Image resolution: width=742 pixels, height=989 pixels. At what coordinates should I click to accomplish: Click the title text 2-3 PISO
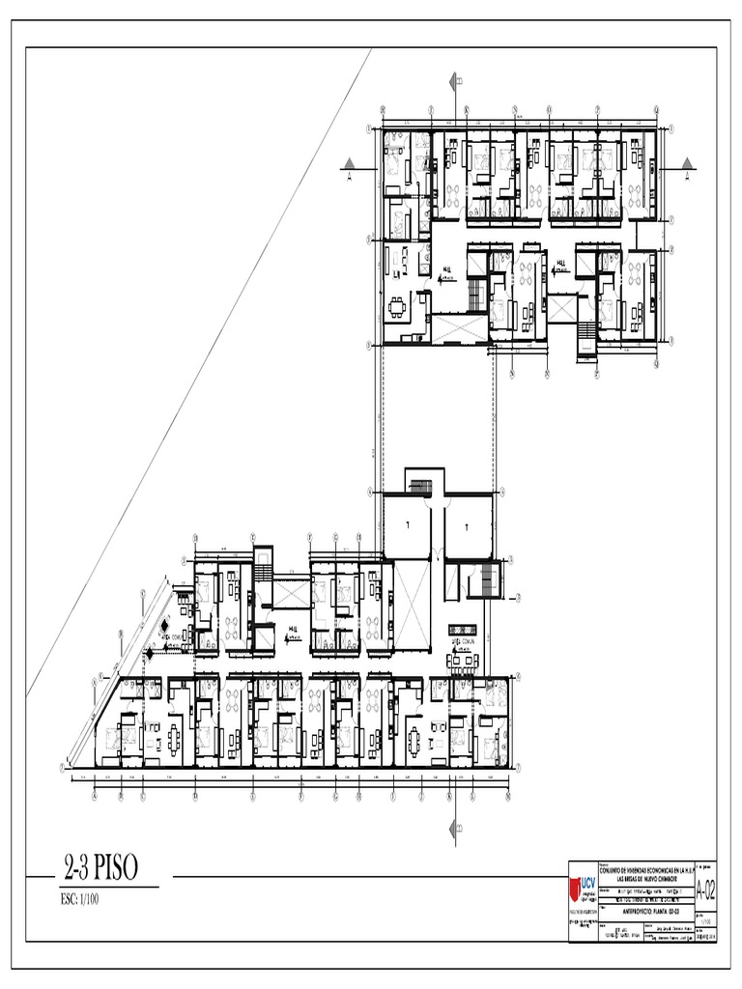pos(100,869)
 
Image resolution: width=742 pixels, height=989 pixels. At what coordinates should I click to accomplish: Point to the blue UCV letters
pos(590,885)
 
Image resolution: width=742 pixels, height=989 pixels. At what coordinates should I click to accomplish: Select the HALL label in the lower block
pos(293,629)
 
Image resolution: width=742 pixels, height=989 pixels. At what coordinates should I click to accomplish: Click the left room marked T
pos(407,522)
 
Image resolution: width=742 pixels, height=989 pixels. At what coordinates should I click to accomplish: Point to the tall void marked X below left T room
pos(407,605)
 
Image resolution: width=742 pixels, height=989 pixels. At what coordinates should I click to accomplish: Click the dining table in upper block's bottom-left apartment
pos(398,310)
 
